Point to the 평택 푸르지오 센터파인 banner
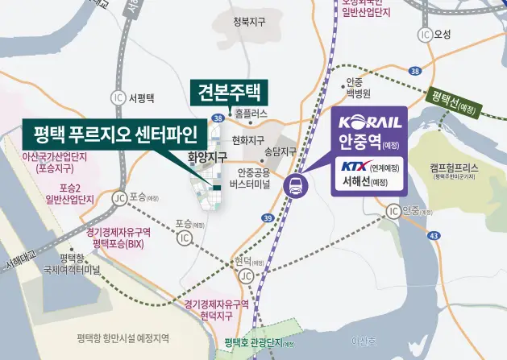(x=107, y=131)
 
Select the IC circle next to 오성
(x=425, y=35)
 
